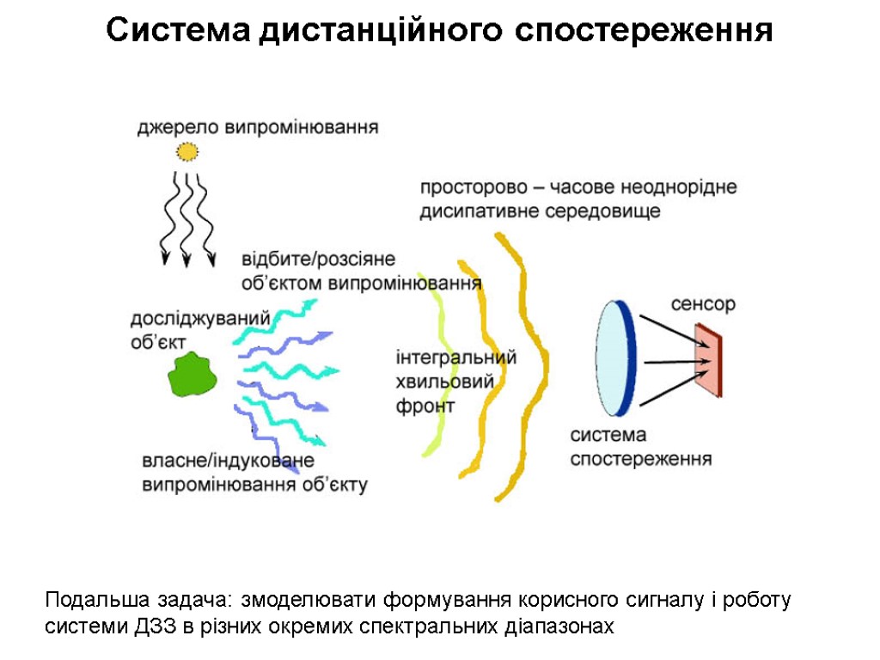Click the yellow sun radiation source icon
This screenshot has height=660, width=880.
186,152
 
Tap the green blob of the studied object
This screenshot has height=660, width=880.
192,376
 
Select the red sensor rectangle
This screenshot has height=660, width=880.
709,360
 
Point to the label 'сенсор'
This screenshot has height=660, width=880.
703,304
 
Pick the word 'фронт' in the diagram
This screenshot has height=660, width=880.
425,406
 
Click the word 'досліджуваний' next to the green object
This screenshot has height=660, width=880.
200,319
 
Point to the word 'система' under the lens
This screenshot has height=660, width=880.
608,436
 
